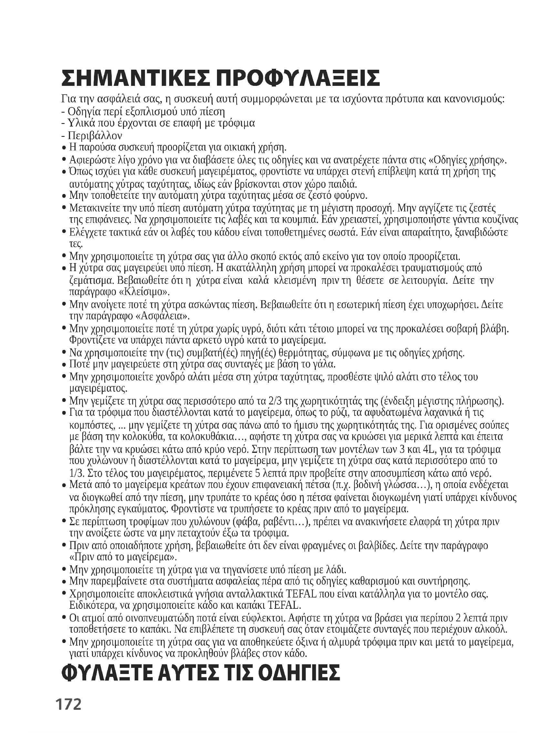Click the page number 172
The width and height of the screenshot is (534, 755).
pyautogui.click(x=68, y=704)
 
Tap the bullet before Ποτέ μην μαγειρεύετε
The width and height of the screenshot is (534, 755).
pyautogui.click(x=64, y=365)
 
